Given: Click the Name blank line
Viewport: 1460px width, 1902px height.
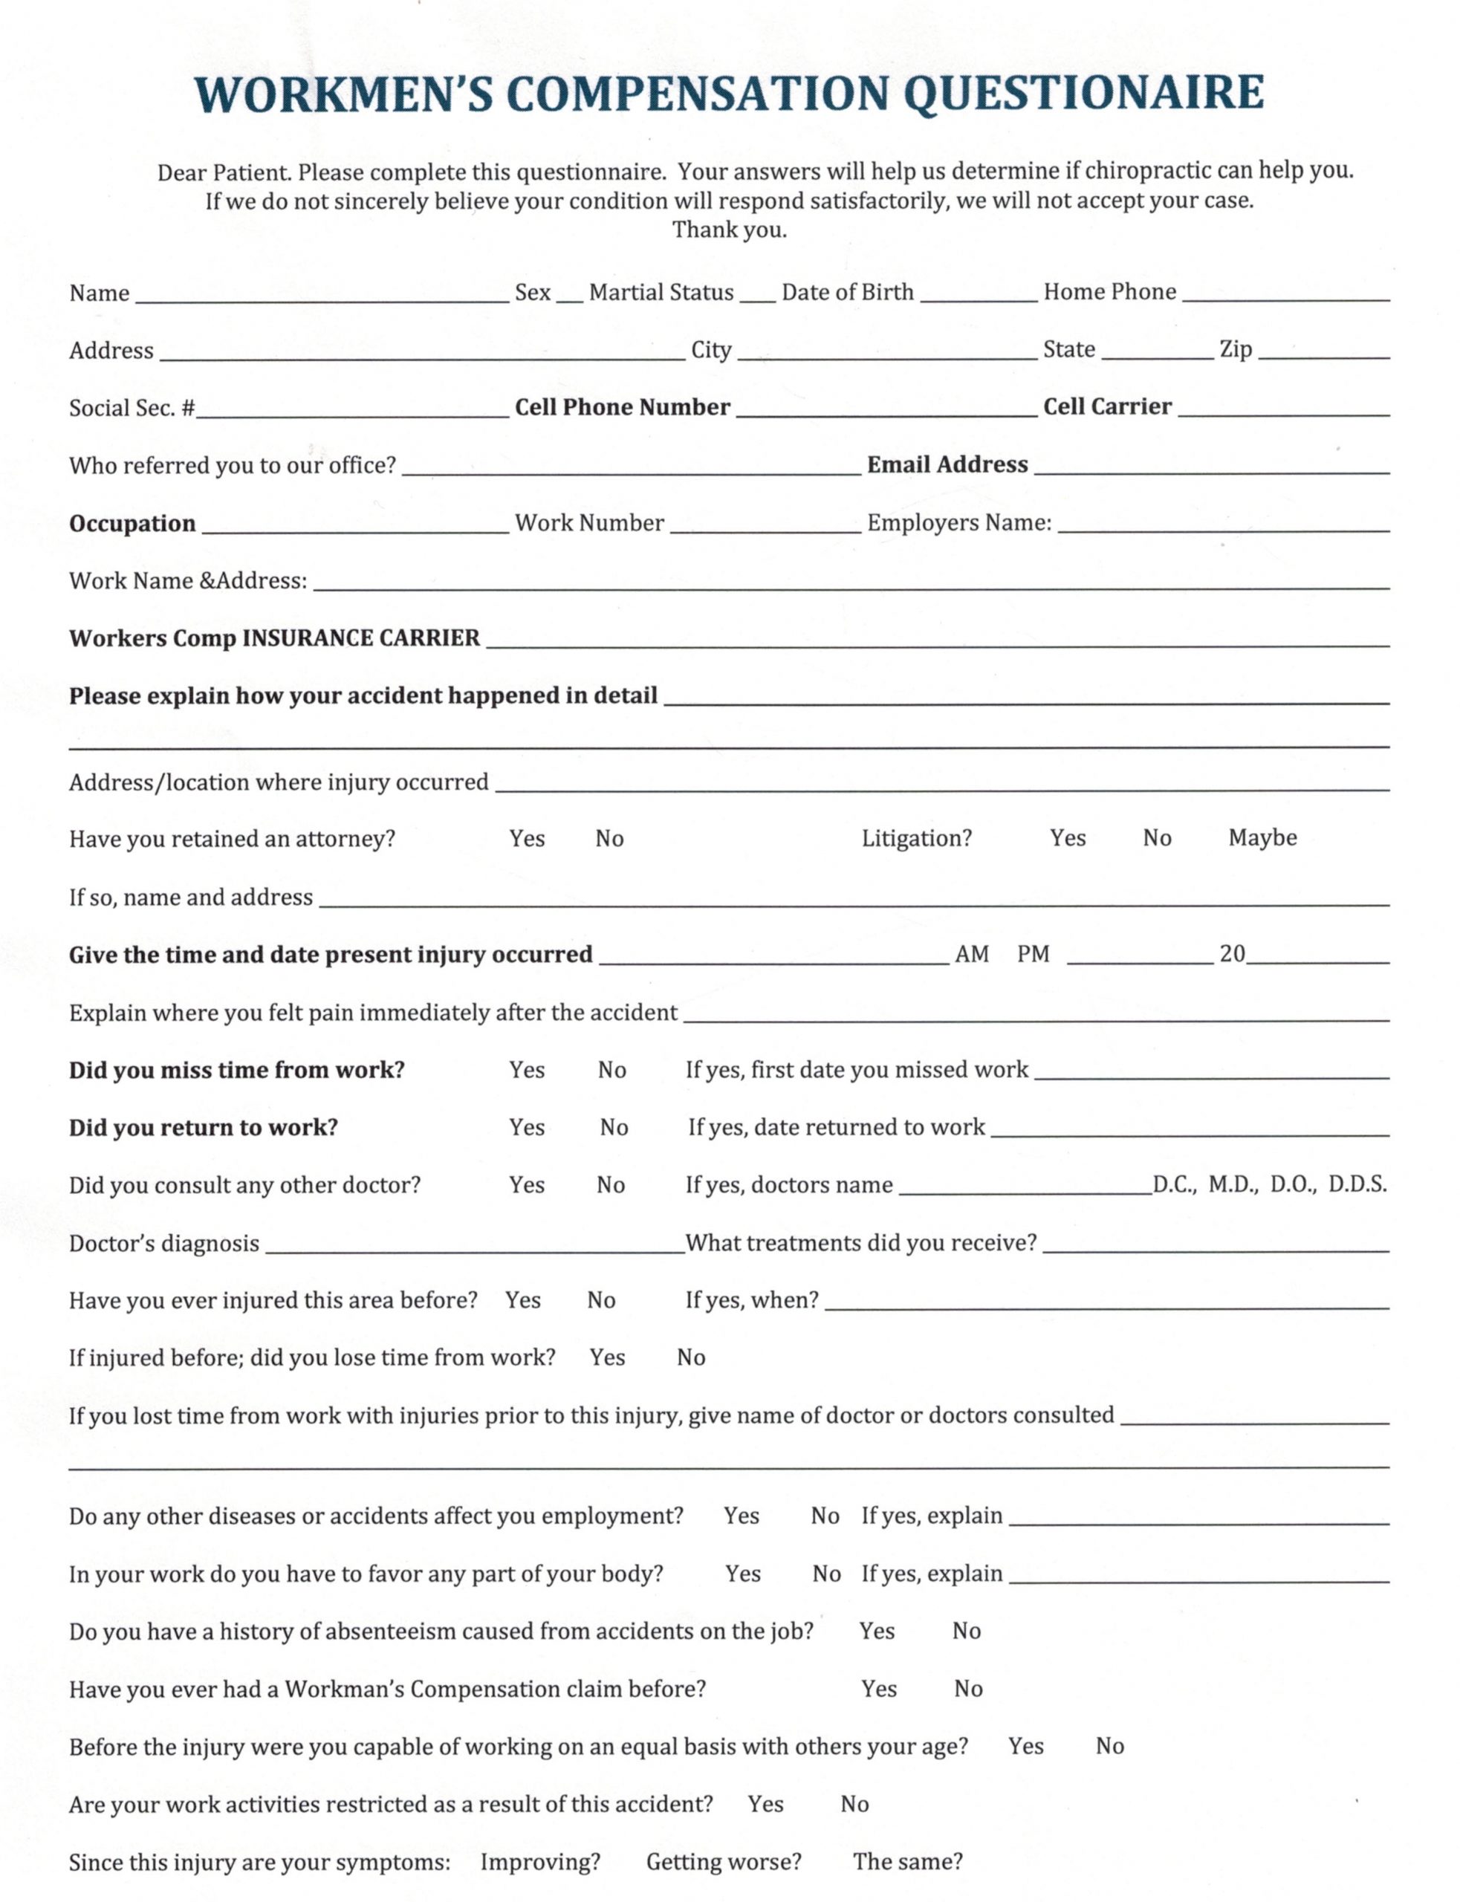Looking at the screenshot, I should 322,296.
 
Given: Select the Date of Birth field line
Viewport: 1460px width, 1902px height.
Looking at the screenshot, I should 978,296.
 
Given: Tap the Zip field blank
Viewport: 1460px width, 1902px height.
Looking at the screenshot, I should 1323,353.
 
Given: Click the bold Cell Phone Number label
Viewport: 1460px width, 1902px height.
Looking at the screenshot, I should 622,407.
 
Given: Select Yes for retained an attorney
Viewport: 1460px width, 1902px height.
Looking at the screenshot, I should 527,839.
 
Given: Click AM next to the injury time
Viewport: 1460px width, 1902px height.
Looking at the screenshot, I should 972,954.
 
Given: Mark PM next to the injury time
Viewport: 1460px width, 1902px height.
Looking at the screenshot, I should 1034,954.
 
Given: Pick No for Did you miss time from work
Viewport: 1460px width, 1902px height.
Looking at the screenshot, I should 611,1070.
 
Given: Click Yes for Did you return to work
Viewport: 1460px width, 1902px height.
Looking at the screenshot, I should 527,1127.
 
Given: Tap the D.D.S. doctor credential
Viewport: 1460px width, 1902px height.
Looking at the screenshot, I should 1357,1184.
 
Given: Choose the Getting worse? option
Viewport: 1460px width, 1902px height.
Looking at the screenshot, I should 723,1861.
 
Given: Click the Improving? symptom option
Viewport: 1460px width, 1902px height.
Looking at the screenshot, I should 539,1861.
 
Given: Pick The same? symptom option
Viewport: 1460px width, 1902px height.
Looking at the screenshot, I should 907,1861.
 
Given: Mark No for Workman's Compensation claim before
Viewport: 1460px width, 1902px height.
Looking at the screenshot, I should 968,1688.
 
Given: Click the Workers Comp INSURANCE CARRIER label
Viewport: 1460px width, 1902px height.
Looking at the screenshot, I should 273,639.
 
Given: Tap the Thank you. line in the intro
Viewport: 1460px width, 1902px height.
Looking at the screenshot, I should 729,230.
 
